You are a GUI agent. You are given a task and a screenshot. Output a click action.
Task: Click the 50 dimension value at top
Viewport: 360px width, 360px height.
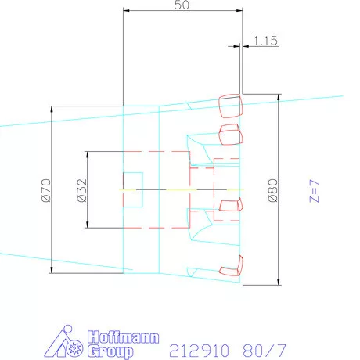182,5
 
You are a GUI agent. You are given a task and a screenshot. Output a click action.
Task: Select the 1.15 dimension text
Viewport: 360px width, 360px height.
265,41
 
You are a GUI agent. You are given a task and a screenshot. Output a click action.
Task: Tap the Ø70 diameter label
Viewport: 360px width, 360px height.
46,190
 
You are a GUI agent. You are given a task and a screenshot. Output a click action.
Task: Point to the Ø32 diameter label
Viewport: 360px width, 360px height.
82,190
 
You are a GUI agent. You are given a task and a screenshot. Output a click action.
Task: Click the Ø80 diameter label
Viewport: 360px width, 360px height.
273,190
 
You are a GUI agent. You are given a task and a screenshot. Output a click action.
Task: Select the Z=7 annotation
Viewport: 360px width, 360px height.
314,191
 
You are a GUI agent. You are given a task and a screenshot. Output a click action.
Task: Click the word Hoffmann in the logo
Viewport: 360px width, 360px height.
123,337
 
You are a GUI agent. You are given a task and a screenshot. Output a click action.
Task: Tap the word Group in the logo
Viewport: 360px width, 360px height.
110,351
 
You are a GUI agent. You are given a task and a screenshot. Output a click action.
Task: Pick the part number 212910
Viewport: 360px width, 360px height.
200,351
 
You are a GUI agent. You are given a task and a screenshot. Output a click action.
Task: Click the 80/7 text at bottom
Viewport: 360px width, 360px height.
265,351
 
